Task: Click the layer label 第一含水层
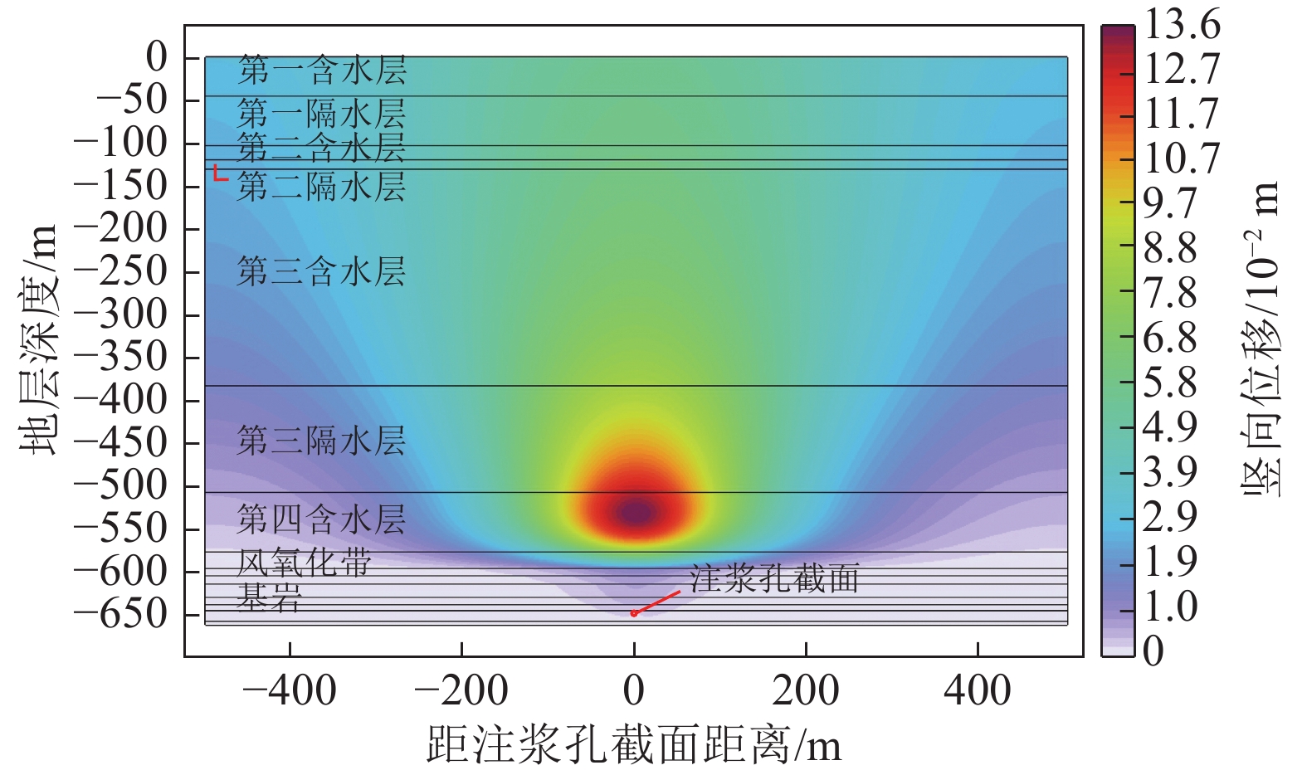click(322, 71)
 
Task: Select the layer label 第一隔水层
click(322, 113)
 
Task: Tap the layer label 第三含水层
click(322, 271)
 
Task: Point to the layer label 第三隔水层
click(322, 441)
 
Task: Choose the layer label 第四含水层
click(322, 520)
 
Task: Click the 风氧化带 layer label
click(305, 563)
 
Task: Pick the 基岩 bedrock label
click(270, 597)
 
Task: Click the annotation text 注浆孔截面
click(774, 578)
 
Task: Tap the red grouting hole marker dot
click(633, 614)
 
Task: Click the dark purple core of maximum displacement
click(636, 513)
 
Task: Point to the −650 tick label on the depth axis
click(121, 615)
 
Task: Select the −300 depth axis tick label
click(121, 314)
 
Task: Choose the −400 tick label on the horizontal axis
click(290, 690)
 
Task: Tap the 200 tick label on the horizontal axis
click(806, 690)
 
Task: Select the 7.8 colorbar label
click(1170, 293)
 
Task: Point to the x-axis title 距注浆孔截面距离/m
click(634, 744)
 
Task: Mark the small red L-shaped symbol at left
click(219, 173)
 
